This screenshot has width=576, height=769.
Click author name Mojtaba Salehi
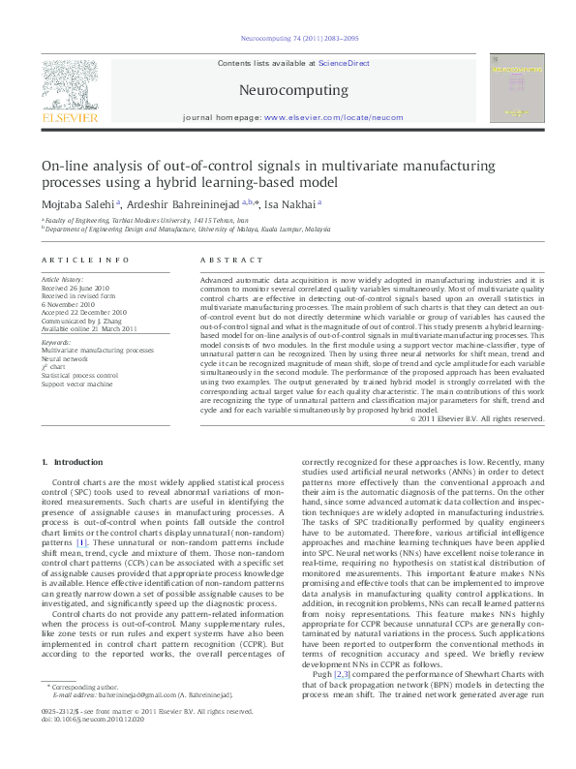[76, 204]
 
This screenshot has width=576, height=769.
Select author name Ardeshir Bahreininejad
[180, 204]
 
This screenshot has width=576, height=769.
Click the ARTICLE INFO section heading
[85, 261]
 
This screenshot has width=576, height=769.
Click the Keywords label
[57, 342]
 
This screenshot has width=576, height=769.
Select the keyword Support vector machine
[76, 384]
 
